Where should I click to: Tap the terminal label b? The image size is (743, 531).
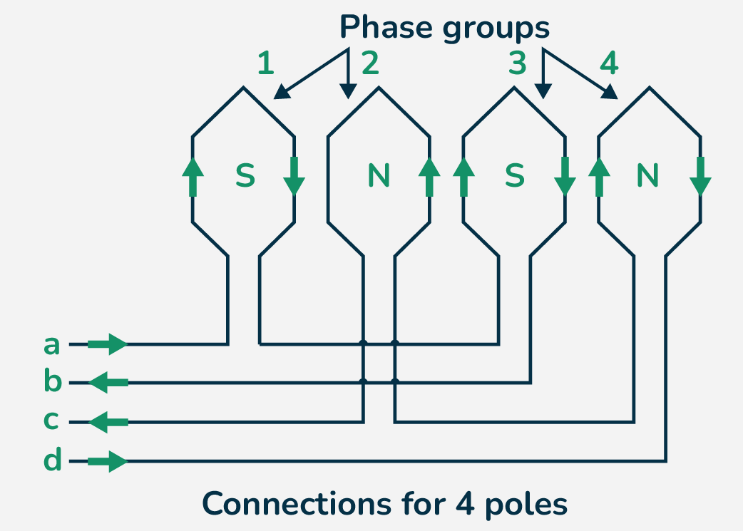click(53, 382)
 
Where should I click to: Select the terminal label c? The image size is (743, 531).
click(51, 421)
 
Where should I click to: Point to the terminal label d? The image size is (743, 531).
click(53, 460)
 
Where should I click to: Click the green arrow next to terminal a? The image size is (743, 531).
click(107, 345)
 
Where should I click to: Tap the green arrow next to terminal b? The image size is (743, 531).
click(108, 383)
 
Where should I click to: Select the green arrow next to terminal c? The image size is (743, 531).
click(108, 423)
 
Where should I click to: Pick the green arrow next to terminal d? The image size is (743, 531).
click(107, 462)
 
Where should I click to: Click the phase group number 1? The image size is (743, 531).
click(265, 64)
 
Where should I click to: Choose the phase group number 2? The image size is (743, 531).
click(370, 64)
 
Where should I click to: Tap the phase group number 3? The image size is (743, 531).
click(518, 64)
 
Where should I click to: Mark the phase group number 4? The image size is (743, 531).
click(608, 64)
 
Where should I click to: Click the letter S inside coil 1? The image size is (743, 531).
click(245, 176)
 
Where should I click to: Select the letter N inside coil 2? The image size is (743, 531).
click(379, 176)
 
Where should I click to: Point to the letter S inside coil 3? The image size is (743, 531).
click(514, 176)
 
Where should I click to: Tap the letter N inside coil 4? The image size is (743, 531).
click(647, 176)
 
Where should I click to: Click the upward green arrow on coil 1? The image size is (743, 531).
click(193, 177)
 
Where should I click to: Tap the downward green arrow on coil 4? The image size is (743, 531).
click(700, 177)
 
